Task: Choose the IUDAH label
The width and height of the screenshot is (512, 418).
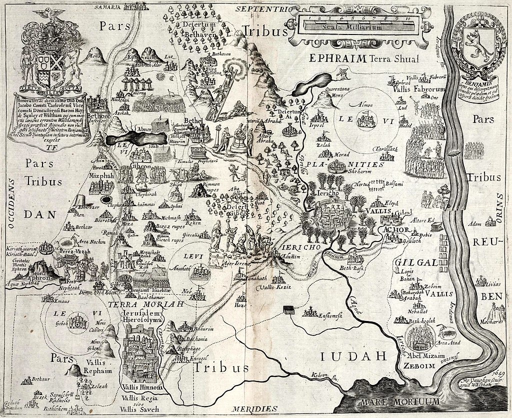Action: click(x=354, y=356)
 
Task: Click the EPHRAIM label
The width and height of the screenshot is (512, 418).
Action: click(x=338, y=58)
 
